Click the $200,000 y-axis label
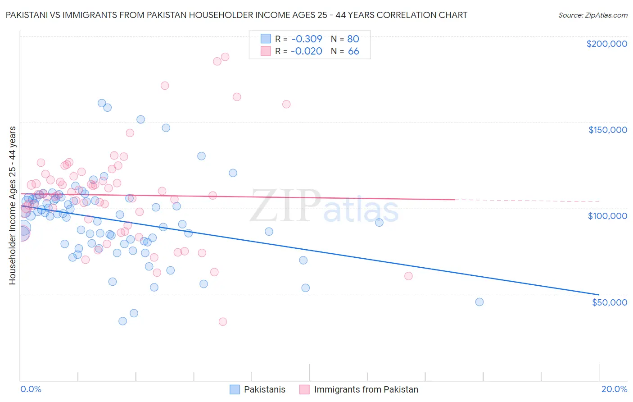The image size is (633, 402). coord(606,44)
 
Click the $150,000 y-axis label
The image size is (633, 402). coord(607,130)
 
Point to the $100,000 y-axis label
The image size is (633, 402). coord(607,216)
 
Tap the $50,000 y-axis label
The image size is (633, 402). coord(609,302)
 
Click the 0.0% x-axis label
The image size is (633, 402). coord(31,389)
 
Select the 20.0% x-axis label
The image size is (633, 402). coord(614,389)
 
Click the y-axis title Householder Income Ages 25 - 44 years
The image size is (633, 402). coord(12,206)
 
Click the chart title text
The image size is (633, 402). coord(236,15)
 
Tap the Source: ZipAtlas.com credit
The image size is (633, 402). coord(592,15)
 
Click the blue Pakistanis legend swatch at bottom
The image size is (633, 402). coord(235,389)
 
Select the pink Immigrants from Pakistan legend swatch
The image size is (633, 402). coord(304,389)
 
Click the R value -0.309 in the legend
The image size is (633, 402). coord(306,39)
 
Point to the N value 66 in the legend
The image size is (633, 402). coord(353,51)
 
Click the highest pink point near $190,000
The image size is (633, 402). coord(225,57)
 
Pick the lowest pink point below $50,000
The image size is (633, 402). coord(222,322)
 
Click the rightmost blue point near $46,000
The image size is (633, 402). coord(479,302)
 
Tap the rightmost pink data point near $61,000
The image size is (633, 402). coord(408,276)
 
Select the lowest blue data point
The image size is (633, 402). coord(122,321)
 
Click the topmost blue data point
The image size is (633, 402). coord(102,103)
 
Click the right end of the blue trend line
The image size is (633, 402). coord(599,294)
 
